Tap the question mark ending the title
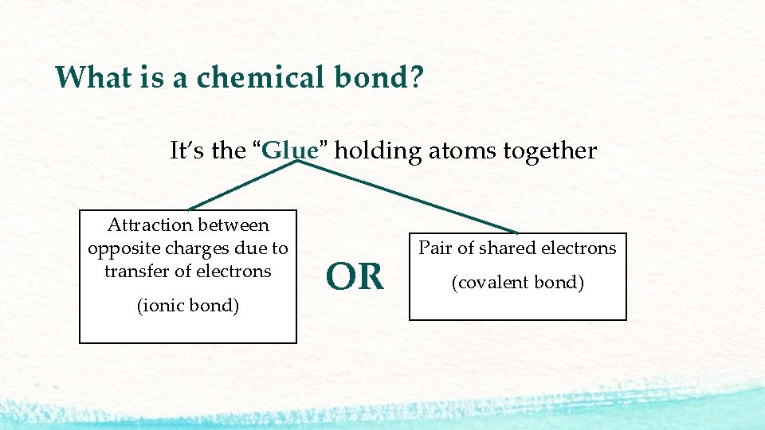[x=417, y=77]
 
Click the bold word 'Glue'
[x=290, y=150]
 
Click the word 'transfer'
[x=136, y=271]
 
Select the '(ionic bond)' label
[x=188, y=306]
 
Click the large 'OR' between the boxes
[x=355, y=277]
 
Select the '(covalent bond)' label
[x=518, y=283]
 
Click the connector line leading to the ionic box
[x=242, y=186]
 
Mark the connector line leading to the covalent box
[x=406, y=197]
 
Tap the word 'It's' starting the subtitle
[x=186, y=150]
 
